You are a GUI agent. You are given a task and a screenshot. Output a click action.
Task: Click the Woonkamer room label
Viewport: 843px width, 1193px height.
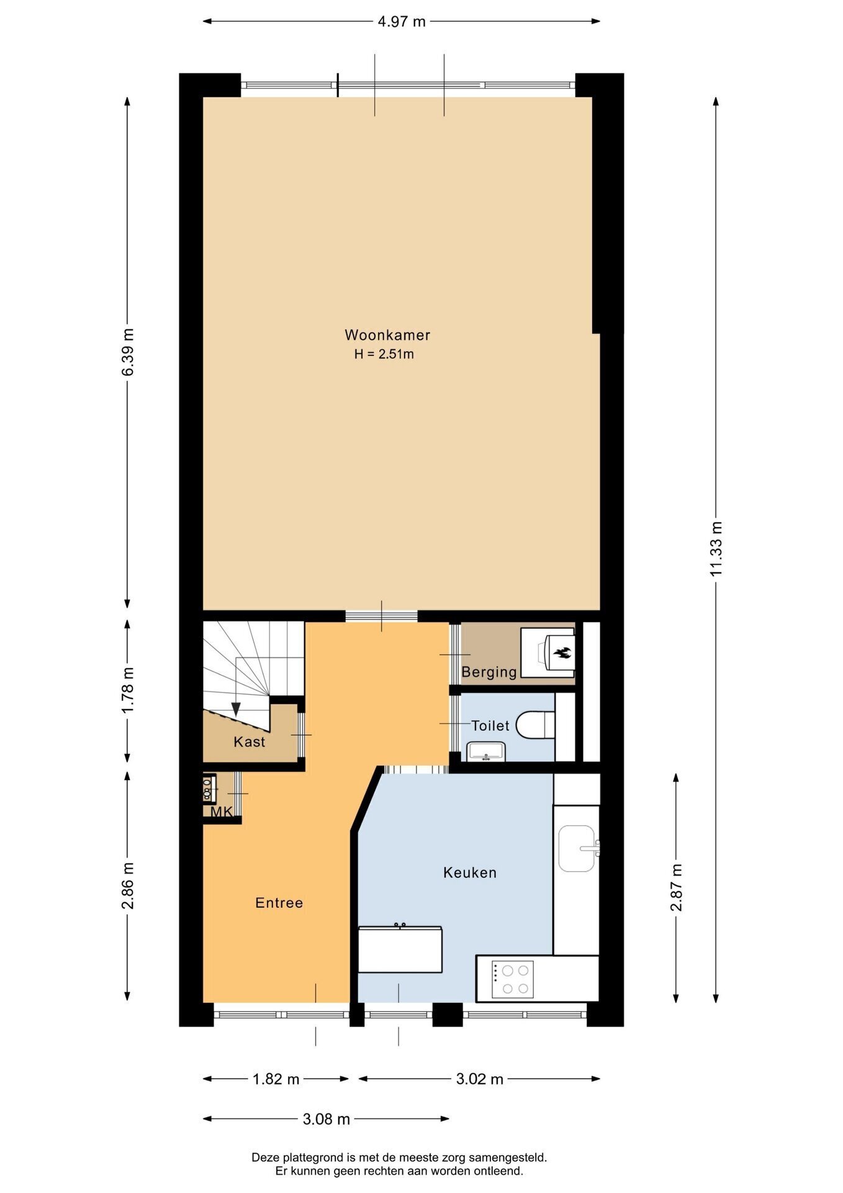(x=387, y=336)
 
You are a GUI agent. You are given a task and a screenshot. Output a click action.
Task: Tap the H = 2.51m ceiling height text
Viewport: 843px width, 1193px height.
(x=384, y=355)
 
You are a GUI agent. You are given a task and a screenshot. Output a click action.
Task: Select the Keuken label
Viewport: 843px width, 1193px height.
(x=470, y=873)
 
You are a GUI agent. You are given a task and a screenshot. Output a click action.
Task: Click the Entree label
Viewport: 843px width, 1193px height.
(x=279, y=903)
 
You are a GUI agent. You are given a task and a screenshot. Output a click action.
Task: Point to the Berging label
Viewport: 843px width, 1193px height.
(x=489, y=672)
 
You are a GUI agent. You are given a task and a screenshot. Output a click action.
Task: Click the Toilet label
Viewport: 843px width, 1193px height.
(x=490, y=726)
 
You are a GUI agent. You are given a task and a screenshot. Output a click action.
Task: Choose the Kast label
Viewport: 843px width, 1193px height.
(x=250, y=742)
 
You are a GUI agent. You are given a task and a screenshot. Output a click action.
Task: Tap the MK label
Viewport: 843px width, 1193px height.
(x=221, y=812)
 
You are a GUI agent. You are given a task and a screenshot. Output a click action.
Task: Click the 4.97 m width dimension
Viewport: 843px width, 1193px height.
(x=402, y=22)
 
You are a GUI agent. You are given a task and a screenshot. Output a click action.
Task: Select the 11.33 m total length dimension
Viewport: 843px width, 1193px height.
(x=716, y=549)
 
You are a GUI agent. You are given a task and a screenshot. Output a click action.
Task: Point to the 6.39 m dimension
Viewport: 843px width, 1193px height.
(x=127, y=352)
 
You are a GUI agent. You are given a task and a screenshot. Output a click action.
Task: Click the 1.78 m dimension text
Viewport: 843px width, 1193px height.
(x=127, y=691)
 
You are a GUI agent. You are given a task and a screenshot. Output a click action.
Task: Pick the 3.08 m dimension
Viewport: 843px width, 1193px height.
(x=327, y=1120)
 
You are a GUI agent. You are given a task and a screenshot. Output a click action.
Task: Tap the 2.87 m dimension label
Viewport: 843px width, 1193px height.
(x=676, y=887)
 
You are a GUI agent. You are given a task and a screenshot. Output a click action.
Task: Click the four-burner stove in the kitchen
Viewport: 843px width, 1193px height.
(x=513, y=980)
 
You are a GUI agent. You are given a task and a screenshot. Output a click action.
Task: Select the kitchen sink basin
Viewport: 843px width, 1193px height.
(x=577, y=848)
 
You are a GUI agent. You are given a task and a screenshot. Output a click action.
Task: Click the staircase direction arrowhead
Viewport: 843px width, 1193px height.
(x=236, y=710)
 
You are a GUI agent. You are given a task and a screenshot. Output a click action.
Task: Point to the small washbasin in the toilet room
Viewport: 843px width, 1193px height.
(x=487, y=752)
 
